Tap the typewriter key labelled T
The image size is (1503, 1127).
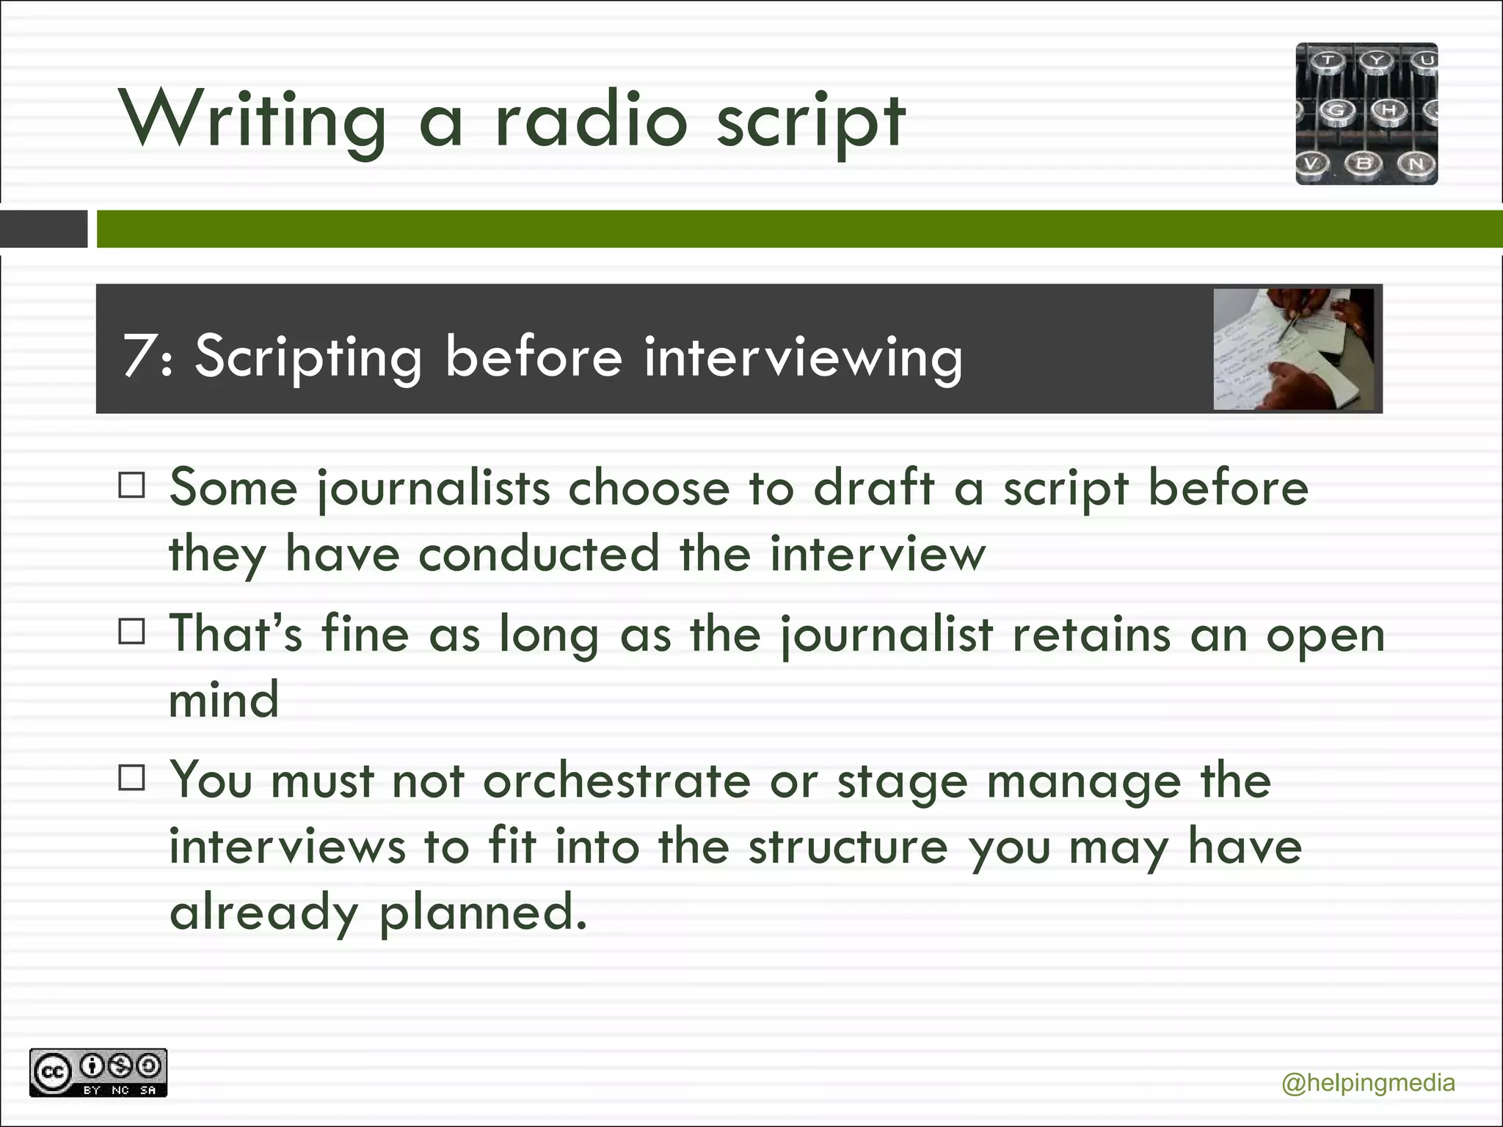1328,61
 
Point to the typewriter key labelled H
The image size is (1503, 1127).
1389,110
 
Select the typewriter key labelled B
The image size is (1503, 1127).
1364,163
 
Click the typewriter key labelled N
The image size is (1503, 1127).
1416,163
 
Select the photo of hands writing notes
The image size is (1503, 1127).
1293,349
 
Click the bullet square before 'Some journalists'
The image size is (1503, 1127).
131,486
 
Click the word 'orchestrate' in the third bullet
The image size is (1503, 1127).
616,781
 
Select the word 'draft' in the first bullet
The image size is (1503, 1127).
874,487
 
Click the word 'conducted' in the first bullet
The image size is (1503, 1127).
539,553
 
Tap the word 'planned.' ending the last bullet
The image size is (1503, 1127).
483,913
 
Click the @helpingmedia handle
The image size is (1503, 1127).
1368,1083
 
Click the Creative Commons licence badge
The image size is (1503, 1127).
98,1073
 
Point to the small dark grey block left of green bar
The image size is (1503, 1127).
43,229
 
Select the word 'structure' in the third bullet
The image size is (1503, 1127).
848,847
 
